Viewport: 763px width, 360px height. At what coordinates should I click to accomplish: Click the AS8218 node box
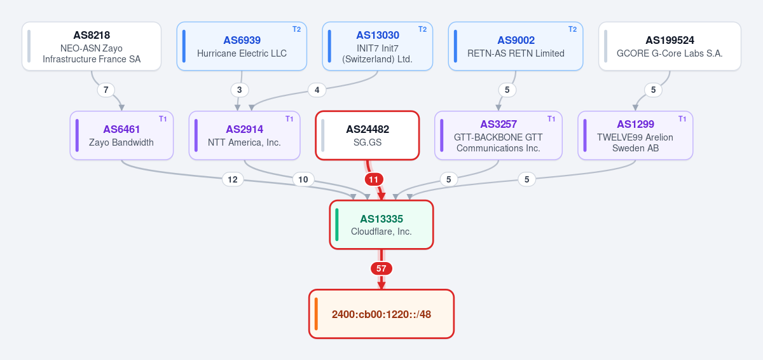92,46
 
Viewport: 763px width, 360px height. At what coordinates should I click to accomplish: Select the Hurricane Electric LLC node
242,46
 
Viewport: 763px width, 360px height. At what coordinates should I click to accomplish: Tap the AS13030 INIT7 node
378,46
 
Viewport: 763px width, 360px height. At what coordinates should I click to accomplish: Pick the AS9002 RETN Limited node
516,46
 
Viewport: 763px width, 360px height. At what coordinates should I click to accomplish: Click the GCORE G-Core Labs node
670,46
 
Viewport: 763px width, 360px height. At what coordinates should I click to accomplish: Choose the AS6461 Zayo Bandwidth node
121,135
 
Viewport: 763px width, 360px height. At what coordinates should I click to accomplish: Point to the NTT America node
245,135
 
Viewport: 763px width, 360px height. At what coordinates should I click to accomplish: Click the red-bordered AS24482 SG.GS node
368,135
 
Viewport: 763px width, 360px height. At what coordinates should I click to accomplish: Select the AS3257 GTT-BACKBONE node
498,135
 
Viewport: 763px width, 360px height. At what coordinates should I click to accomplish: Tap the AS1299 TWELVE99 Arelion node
635,135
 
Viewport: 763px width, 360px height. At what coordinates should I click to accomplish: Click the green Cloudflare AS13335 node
381,225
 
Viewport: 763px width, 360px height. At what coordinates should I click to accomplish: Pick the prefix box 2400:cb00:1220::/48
381,314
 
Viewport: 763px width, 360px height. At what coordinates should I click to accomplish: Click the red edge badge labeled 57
381,268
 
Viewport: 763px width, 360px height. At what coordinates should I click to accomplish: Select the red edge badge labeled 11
374,179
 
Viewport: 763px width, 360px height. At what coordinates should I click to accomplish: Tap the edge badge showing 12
233,179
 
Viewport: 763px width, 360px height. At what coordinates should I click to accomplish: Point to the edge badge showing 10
303,179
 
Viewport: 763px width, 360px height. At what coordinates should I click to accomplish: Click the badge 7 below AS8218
106,90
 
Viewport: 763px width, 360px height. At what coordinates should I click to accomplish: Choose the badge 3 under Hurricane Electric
240,90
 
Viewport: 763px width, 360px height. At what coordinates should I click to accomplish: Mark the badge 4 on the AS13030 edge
317,90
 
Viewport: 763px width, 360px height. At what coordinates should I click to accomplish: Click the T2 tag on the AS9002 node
573,29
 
